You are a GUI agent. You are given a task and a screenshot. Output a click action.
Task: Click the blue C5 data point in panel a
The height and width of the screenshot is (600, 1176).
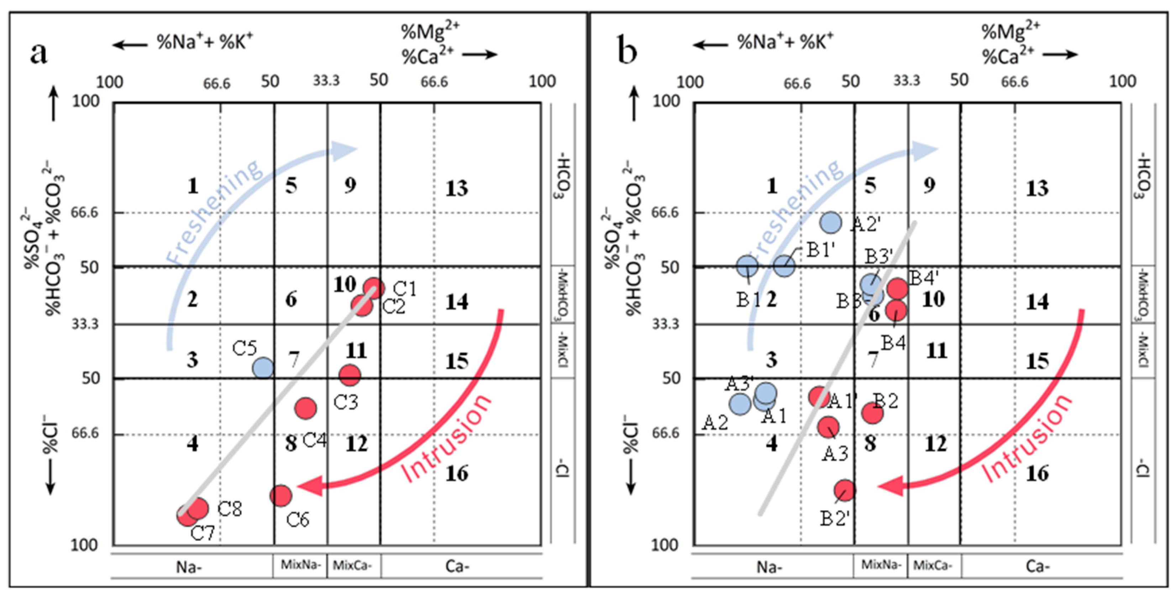click(x=263, y=367)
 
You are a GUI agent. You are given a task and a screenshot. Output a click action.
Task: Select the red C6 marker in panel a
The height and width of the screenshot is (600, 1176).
click(x=280, y=495)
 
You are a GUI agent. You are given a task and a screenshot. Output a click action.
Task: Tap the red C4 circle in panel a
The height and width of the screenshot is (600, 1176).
click(x=305, y=408)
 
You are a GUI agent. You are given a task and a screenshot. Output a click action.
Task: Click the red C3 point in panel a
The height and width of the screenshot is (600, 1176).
click(x=350, y=375)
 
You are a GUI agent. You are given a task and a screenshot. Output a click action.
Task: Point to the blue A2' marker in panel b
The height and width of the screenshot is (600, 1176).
click(x=830, y=223)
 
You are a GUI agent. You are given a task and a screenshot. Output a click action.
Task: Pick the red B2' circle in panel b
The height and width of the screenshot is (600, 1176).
click(x=845, y=490)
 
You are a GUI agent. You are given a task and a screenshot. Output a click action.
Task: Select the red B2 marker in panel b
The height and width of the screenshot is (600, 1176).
click(x=872, y=413)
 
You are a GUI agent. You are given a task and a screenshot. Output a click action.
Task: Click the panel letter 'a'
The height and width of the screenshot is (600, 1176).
click(x=38, y=52)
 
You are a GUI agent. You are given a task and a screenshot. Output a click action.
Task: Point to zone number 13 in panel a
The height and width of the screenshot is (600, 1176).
click(x=457, y=188)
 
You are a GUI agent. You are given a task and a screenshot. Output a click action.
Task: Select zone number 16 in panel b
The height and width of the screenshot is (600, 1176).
click(x=1037, y=473)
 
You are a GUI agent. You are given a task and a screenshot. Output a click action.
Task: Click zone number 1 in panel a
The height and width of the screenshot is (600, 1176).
click(x=193, y=186)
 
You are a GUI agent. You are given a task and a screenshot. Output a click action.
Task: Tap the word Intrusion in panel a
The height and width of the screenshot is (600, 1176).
click(x=447, y=438)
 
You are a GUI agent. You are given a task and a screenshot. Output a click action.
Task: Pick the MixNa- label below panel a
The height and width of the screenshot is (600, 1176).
click(x=300, y=565)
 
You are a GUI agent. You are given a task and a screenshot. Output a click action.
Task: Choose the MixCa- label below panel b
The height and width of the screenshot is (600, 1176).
click(x=933, y=565)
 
